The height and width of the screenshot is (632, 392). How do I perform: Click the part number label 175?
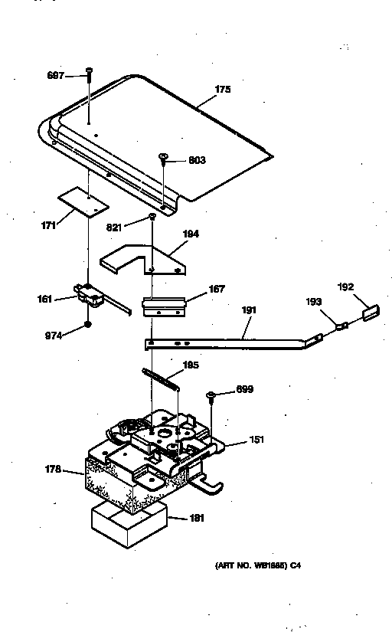(x=222, y=90)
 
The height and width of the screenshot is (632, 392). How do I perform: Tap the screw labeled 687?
(x=90, y=73)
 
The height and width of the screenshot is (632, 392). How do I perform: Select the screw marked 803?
(x=164, y=159)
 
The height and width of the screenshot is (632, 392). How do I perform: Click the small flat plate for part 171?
(x=82, y=201)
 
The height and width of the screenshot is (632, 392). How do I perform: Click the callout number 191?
(x=250, y=309)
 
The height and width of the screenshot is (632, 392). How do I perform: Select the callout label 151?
(x=256, y=441)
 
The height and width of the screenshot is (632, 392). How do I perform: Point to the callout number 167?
(x=217, y=290)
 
